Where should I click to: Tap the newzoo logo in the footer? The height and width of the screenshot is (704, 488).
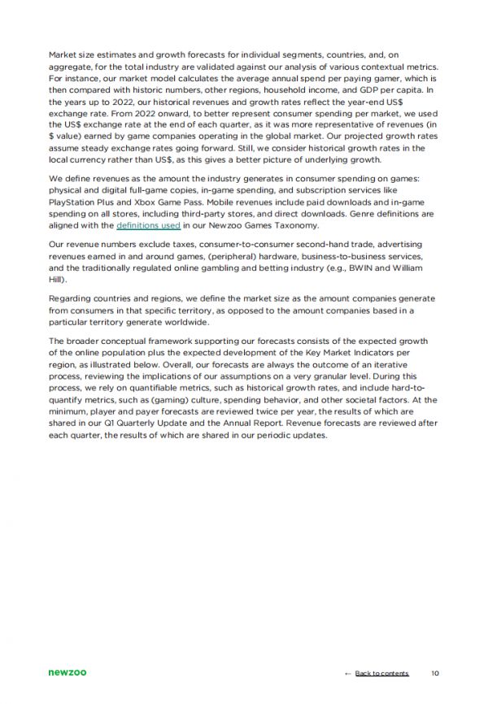pos(68,672)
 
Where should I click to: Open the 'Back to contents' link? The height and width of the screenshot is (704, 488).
pos(381,673)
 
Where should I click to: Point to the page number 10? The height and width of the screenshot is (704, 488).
pos(435,673)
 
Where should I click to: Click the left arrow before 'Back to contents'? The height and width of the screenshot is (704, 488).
pos(348,673)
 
